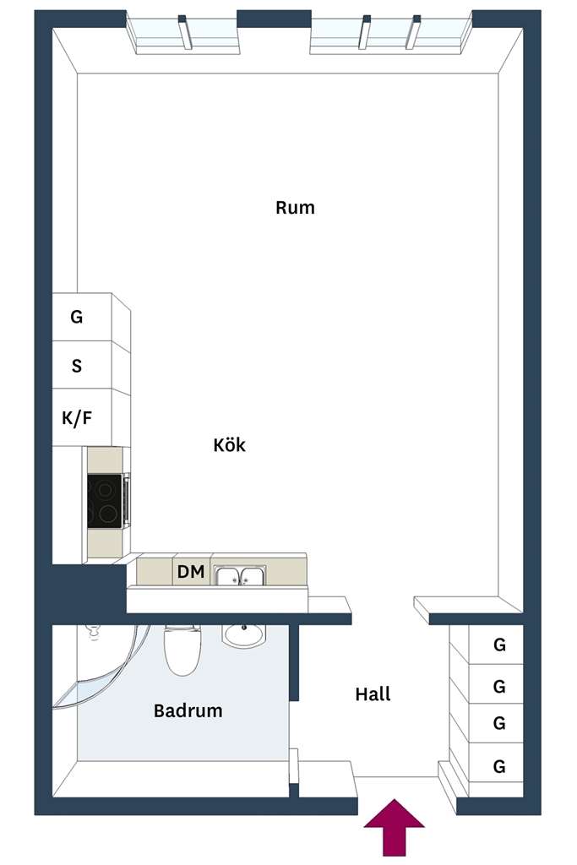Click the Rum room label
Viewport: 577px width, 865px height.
295,208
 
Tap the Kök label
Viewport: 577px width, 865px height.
230,444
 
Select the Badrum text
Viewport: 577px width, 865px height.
188,710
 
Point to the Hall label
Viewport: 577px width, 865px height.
373,694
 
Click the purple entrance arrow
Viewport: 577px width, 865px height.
394,828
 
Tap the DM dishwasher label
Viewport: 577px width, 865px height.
191,572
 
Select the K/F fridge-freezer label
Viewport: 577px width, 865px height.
77,418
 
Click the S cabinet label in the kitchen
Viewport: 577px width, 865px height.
77,366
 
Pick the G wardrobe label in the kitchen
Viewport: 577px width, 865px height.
77,317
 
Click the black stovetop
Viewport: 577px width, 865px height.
105,501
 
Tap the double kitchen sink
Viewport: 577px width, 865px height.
240,575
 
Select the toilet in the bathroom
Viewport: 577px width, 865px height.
182,651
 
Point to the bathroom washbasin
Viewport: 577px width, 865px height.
244,635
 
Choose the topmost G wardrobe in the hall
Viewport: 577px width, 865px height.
499,645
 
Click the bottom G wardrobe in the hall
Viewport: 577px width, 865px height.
499,766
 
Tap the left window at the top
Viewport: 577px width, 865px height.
183,33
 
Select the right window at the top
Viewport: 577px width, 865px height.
390,33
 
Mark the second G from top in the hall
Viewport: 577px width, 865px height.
499,686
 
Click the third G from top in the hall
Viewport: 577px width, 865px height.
499,723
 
